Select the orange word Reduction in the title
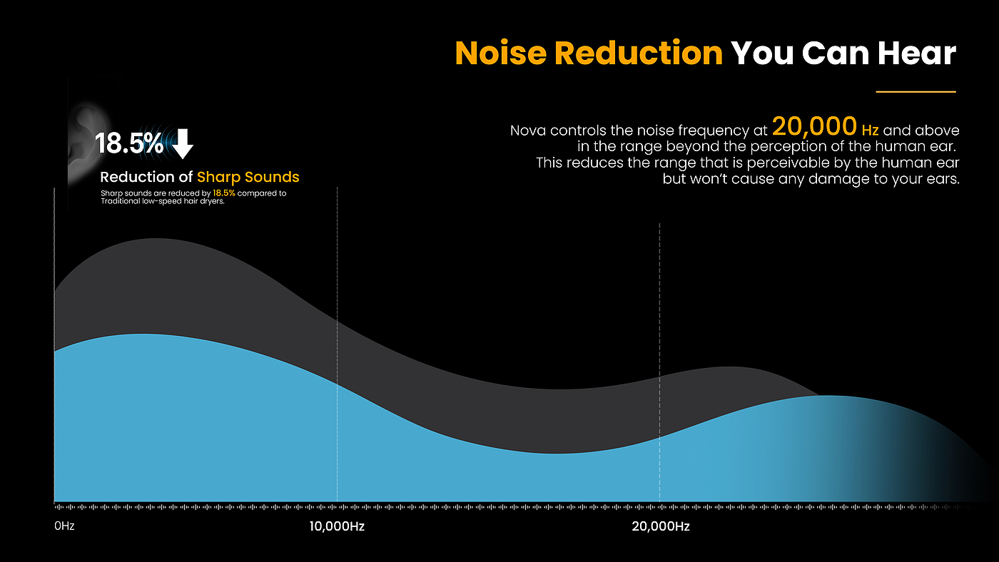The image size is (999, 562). pos(639,53)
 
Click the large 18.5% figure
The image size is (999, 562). pos(128,143)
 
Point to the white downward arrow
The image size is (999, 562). pos(183,143)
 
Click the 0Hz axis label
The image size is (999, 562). pos(64,527)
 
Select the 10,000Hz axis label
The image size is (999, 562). pos(337,527)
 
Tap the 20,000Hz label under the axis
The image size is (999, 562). pos(661,527)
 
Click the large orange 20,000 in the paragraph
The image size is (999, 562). pos(814,128)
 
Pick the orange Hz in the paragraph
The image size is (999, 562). pos(870,131)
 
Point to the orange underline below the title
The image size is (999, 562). pos(916,91)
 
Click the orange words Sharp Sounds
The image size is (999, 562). pos(248,177)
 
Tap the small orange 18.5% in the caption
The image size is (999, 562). pos(224,193)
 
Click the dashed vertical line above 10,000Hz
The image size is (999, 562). pos(337,285)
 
